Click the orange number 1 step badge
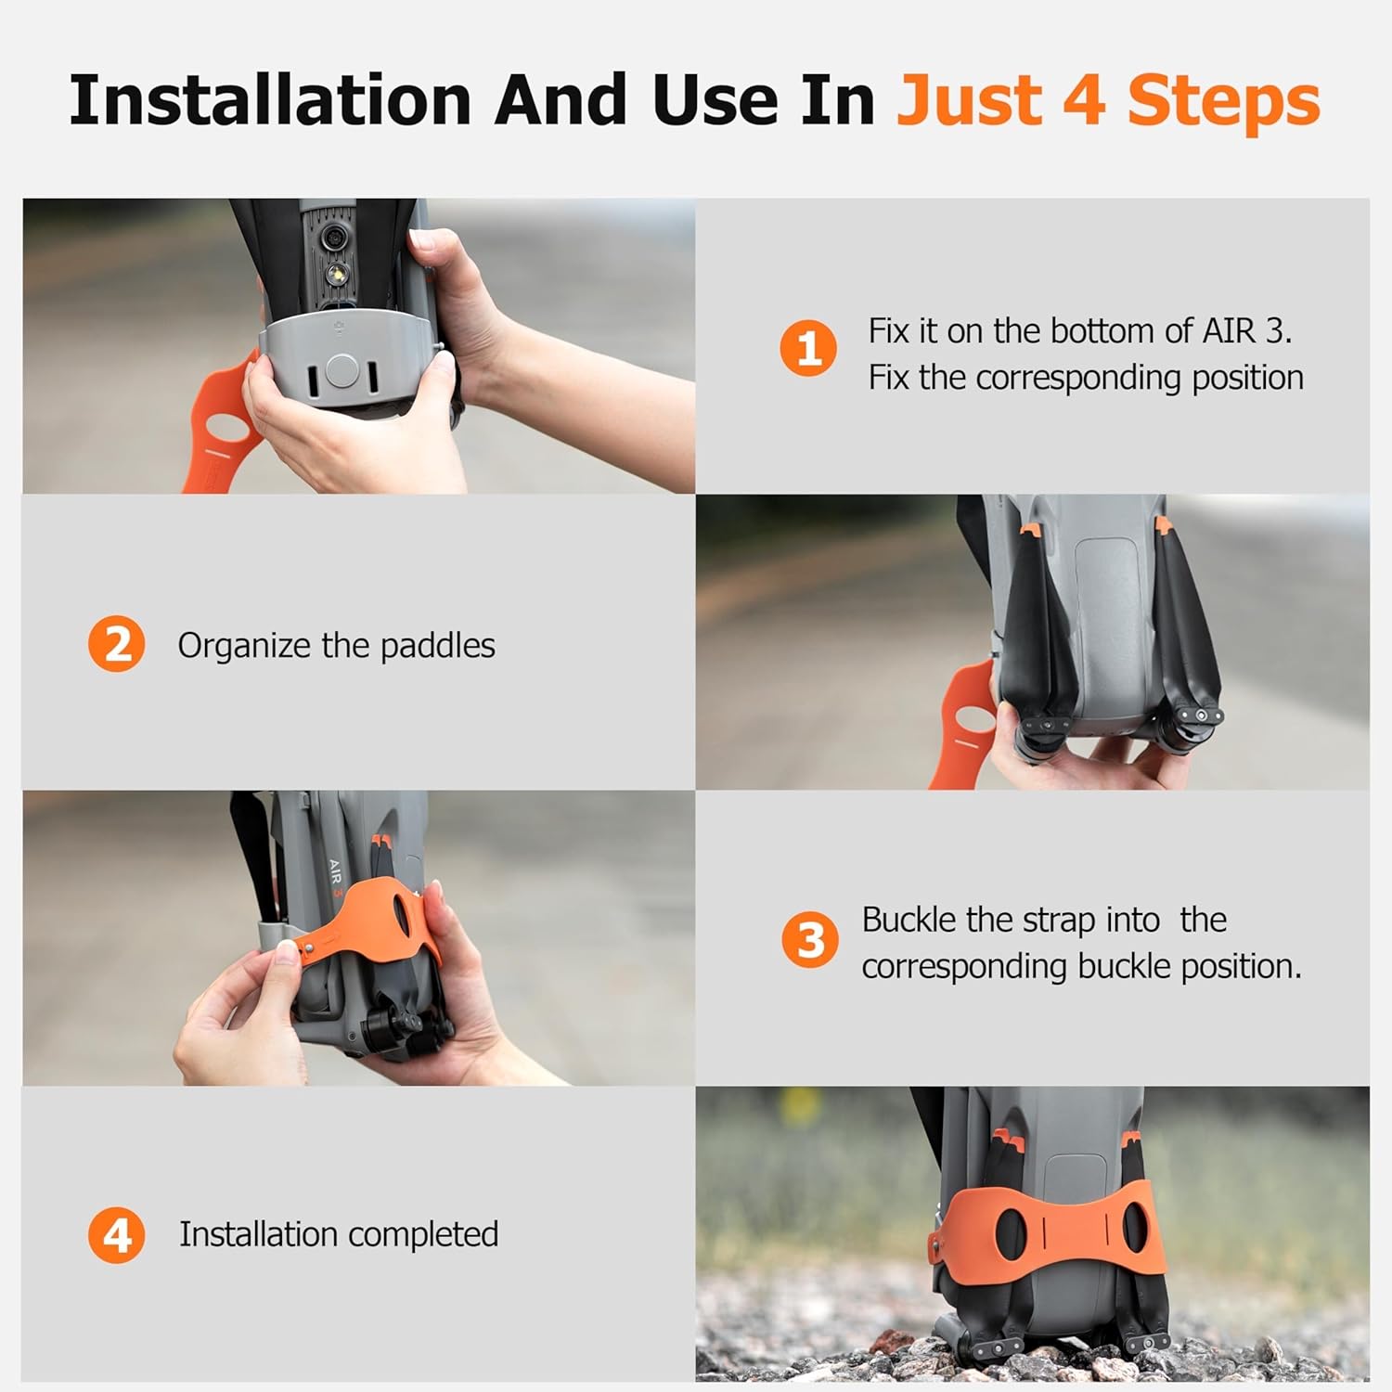coord(808,349)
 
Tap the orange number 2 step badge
coord(117,644)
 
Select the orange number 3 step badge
coord(810,939)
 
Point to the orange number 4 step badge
coord(117,1235)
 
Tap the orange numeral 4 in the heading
coord(1083,100)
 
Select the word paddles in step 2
coord(438,645)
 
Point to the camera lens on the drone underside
coord(330,238)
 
